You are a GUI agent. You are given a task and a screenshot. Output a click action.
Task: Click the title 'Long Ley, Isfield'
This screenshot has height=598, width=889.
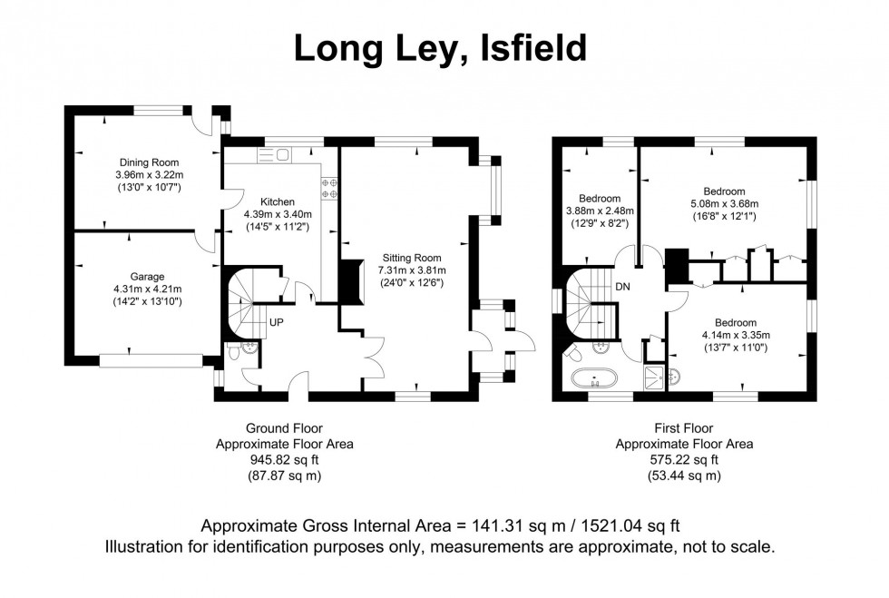440,48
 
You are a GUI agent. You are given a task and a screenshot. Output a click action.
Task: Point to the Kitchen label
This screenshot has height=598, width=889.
278,201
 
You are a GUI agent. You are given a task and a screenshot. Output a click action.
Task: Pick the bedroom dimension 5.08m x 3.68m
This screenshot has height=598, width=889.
724,203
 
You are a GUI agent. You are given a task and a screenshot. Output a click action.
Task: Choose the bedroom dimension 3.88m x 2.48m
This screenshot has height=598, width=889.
600,211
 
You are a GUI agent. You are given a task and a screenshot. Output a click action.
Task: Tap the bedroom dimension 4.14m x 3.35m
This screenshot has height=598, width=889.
735,335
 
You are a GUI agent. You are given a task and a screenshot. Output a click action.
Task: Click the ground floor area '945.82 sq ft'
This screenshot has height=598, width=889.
284,460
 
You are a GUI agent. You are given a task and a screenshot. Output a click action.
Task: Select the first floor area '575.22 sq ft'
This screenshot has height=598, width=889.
684,460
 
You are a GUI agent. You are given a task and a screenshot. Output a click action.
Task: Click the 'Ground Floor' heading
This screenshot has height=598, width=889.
284,428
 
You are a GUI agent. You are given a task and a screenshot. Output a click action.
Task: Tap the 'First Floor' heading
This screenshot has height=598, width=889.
684,428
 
